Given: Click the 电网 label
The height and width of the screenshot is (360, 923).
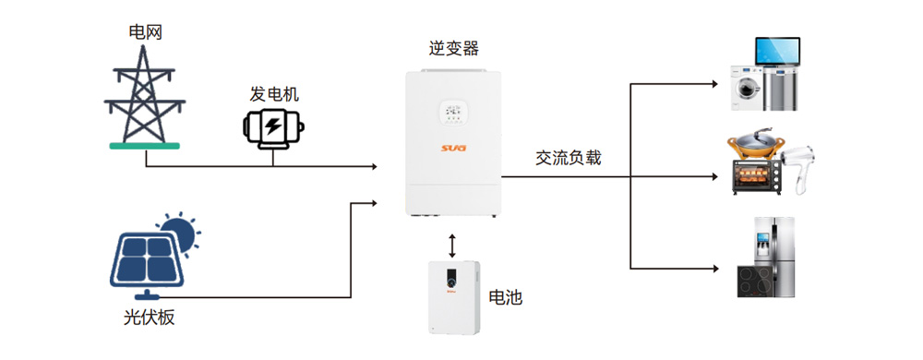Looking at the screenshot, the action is click(146, 31).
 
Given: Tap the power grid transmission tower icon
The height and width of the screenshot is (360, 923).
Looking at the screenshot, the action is click(145, 97).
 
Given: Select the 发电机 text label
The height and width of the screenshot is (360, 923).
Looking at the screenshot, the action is click(274, 93).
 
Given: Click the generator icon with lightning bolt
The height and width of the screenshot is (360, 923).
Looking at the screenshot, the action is click(273, 126).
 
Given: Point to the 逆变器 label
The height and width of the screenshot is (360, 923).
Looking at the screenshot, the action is click(454, 48).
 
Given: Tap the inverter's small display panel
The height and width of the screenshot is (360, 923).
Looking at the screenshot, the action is click(452, 112).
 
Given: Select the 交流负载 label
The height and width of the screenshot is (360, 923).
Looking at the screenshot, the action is click(568, 158).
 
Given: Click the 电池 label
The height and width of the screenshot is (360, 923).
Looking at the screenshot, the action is click(506, 297).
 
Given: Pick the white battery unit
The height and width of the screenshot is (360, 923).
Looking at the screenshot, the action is click(454, 297).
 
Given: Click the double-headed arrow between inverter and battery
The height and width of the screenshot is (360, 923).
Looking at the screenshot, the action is click(452, 246).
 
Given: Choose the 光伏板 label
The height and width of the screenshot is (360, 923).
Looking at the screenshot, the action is click(149, 318).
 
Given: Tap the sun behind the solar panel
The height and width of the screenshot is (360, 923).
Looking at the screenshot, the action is click(176, 233).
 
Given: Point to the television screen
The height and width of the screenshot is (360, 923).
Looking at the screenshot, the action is click(777, 53).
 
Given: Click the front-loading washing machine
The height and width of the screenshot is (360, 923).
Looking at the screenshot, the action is click(748, 89).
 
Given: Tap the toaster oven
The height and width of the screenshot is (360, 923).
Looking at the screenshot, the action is click(757, 176).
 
